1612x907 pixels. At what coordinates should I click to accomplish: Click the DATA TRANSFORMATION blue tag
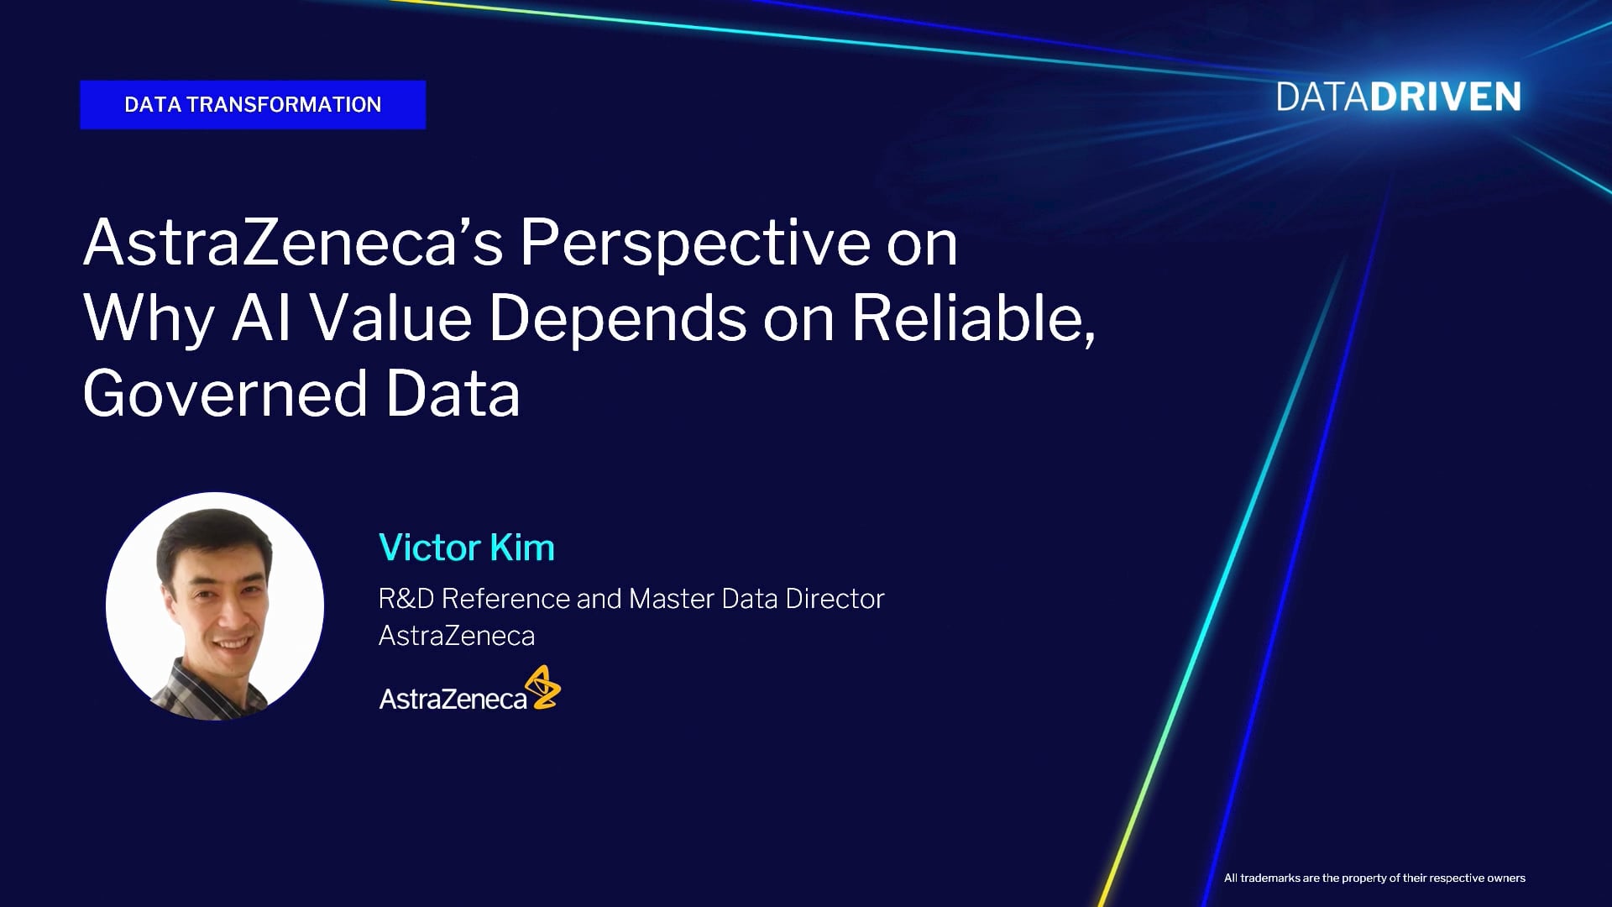point(253,105)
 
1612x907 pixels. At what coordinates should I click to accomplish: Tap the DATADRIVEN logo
point(1399,97)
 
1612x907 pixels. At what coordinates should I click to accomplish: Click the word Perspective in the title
point(695,244)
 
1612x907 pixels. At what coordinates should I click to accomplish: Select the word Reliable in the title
point(974,318)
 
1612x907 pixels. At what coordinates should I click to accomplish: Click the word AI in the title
point(262,318)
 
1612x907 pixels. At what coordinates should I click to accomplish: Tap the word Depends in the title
point(617,320)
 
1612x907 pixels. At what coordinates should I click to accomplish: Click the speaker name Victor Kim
point(467,548)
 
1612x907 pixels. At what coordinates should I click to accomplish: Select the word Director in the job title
point(835,599)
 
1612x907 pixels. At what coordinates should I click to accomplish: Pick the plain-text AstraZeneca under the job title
point(457,636)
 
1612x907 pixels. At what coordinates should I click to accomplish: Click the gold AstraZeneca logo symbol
point(543,687)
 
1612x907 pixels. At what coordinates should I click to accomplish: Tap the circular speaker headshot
point(215,606)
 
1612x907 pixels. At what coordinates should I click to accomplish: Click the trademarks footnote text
point(1374,878)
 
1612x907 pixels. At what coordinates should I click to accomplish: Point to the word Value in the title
point(390,318)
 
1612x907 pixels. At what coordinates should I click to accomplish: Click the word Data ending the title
point(453,393)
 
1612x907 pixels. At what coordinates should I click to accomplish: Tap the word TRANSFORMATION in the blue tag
point(284,105)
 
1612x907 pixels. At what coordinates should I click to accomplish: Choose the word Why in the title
point(149,320)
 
